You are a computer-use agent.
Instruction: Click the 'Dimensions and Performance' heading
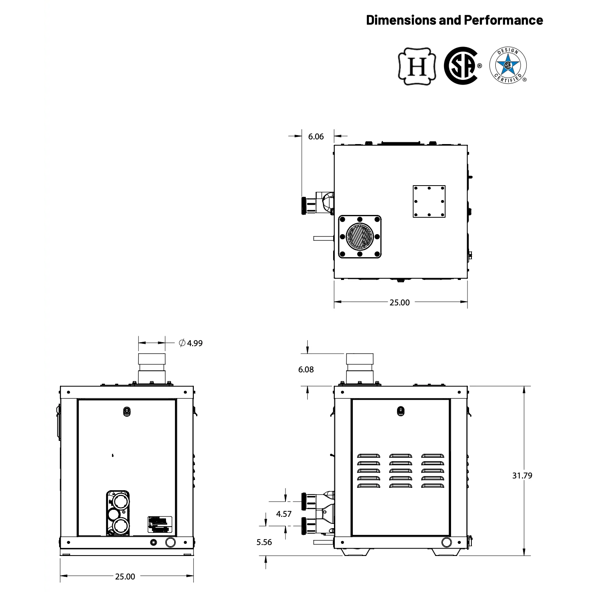point(454,20)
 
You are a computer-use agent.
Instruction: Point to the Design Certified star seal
point(508,65)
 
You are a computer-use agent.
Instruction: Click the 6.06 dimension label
point(316,137)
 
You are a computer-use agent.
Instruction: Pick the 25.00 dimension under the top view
point(399,302)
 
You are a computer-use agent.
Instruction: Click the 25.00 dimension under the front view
point(125,576)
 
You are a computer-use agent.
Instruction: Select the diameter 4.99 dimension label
point(191,343)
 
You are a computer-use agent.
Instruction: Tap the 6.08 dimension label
point(306,370)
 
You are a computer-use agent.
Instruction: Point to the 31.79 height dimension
point(522,476)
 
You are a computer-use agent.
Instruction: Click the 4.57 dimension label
point(283,514)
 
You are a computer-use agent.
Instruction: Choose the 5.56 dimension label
point(264,542)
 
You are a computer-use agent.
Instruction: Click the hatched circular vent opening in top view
point(359,237)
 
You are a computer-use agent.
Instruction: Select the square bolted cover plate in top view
point(429,201)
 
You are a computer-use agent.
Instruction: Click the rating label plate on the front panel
point(160,524)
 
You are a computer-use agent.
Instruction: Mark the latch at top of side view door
point(401,411)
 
